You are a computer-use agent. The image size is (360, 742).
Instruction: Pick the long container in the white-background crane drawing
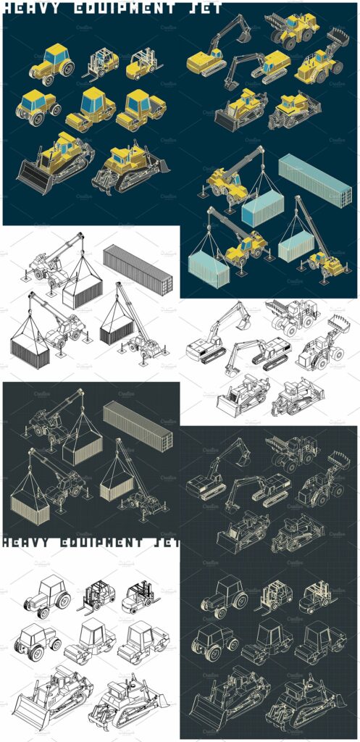[x=138, y=269]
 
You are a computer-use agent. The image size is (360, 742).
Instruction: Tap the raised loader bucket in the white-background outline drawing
[x=338, y=323]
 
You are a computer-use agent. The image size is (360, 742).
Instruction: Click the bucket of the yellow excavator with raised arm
[x=244, y=34]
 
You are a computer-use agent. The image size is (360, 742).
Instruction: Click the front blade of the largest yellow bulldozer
[x=32, y=177]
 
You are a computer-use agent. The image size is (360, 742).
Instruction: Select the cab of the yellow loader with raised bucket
[x=320, y=57]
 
